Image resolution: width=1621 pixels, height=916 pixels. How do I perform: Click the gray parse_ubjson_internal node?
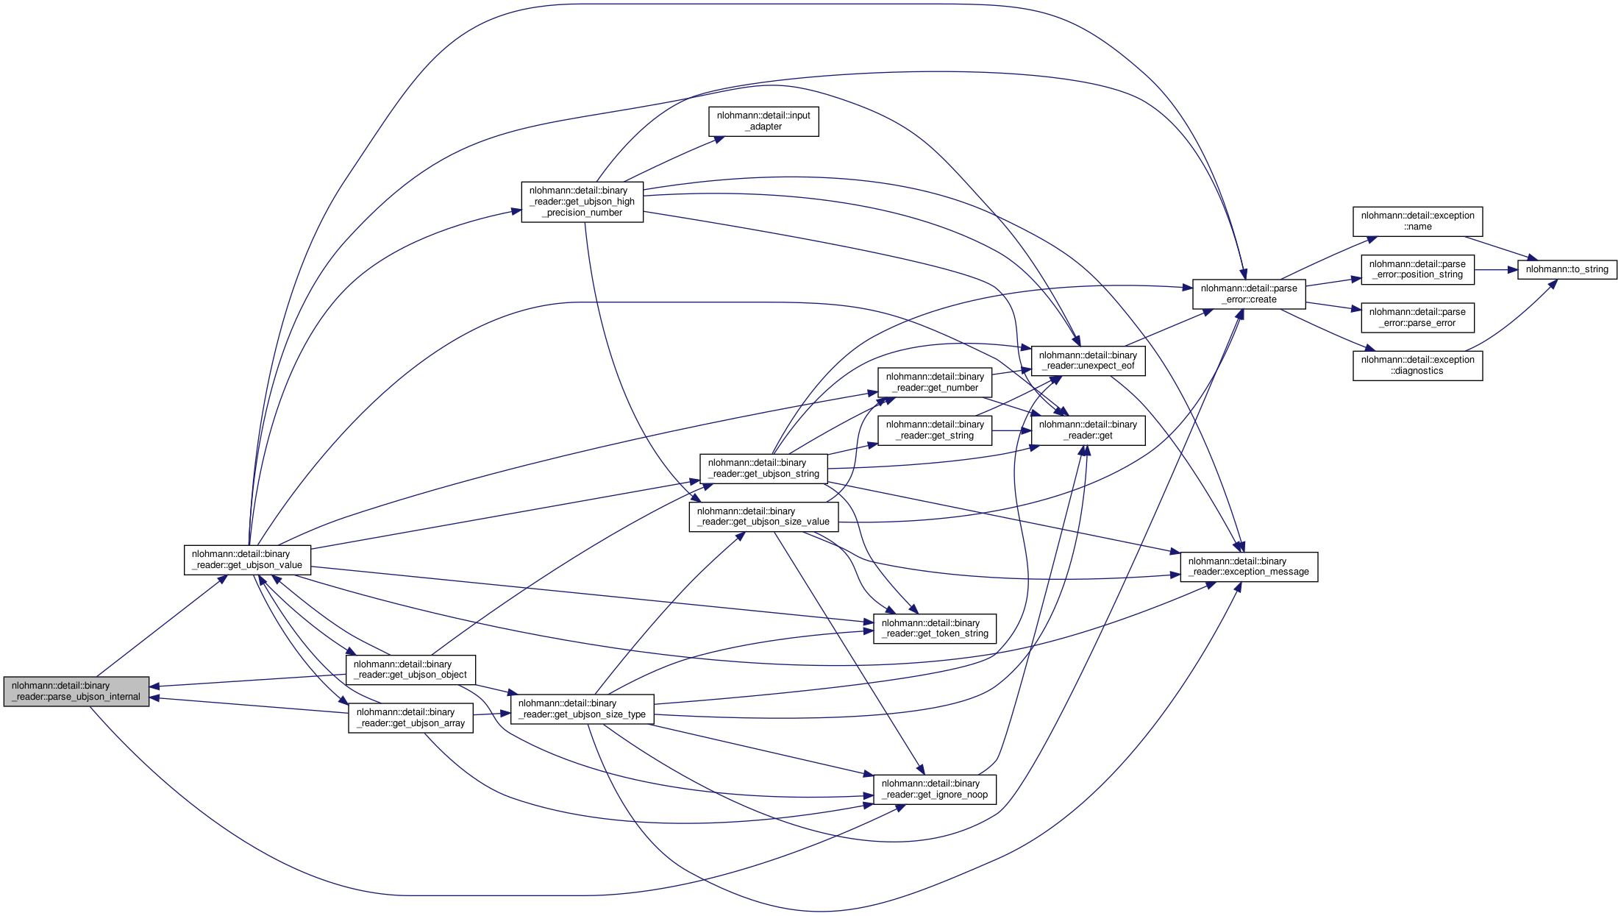click(x=76, y=692)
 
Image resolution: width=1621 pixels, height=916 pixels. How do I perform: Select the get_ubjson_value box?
click(x=247, y=560)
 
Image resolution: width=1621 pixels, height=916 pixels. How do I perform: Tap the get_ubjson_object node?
click(x=410, y=670)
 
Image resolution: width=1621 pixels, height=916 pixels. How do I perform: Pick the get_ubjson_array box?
click(x=410, y=717)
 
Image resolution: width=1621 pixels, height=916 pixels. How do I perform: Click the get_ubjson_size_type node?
click(x=582, y=709)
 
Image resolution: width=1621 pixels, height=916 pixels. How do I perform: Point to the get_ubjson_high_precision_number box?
click(x=582, y=202)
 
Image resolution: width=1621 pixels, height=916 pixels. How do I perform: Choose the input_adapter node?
click(x=763, y=121)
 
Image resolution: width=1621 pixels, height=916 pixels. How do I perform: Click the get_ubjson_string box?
click(x=763, y=469)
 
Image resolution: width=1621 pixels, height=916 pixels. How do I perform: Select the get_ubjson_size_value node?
click(x=763, y=516)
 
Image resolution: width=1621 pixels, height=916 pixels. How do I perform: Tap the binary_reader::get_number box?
click(x=935, y=383)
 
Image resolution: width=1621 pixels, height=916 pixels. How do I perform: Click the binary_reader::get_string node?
click(x=935, y=430)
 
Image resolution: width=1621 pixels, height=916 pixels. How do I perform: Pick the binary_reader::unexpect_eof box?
click(x=1088, y=361)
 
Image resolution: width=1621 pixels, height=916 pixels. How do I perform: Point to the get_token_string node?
click(x=935, y=628)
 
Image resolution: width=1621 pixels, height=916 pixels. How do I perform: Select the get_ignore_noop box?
click(x=935, y=789)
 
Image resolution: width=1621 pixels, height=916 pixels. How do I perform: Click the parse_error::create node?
click(x=1249, y=294)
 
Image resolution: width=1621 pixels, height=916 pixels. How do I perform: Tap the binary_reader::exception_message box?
click(x=1249, y=567)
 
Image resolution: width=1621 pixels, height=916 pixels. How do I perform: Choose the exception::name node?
click(x=1417, y=221)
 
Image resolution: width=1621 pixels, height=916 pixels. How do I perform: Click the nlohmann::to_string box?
click(x=1567, y=269)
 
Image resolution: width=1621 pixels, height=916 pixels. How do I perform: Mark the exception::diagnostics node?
click(x=1417, y=366)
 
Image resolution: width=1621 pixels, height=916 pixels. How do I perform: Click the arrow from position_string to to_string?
click(x=1496, y=270)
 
